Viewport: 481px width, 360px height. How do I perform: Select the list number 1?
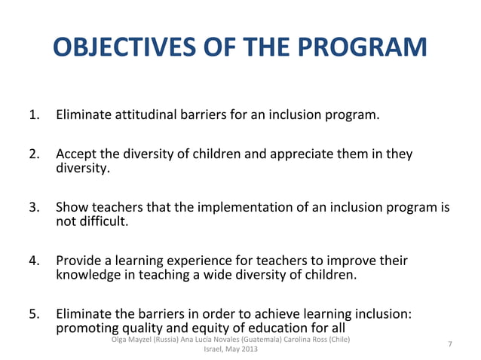[x=34, y=116]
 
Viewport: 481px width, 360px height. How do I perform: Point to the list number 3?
[x=34, y=208]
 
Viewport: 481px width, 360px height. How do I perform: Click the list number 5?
[x=34, y=315]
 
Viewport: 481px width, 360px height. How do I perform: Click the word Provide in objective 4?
[x=80, y=261]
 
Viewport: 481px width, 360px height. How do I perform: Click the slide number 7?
[x=450, y=344]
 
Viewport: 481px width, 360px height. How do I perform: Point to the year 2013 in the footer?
[x=246, y=350]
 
